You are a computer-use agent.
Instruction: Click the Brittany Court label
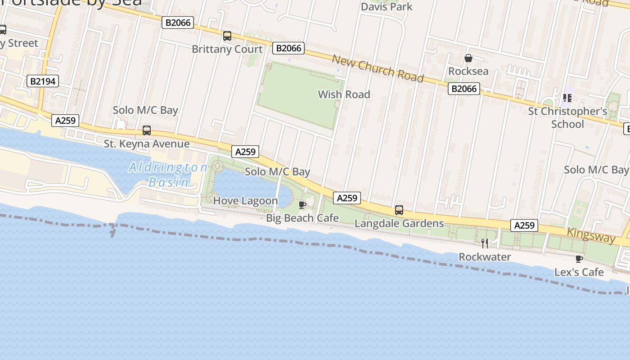click(227, 49)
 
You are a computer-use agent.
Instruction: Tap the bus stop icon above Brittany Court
click(227, 36)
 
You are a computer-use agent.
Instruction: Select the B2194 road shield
click(43, 81)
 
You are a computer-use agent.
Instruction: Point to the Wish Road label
click(344, 94)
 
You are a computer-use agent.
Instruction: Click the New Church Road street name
click(378, 69)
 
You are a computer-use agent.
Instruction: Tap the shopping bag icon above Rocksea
click(468, 58)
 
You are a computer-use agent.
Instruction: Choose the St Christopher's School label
click(567, 117)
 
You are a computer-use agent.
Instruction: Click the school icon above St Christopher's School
click(567, 98)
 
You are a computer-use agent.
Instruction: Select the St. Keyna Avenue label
click(147, 144)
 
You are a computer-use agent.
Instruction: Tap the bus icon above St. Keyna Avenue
click(147, 130)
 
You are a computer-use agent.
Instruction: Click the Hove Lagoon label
click(245, 201)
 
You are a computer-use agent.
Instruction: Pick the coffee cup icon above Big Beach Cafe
click(302, 205)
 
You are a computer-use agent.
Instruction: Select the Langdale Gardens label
click(399, 224)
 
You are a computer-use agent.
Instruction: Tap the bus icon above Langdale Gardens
click(399, 210)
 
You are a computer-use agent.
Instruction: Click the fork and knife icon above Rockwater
click(485, 243)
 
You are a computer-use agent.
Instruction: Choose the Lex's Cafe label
click(579, 272)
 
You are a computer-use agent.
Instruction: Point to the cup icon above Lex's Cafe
click(579, 259)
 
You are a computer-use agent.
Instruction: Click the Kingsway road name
click(591, 235)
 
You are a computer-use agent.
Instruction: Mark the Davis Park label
click(387, 7)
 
